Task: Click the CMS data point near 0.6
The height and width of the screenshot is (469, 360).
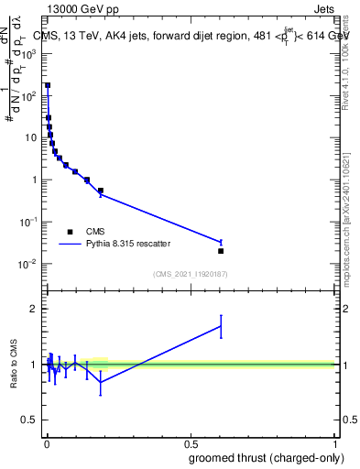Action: click(221, 251)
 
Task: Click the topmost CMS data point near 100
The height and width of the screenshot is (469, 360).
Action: click(48, 85)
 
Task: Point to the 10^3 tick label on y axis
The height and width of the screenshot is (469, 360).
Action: click(29, 53)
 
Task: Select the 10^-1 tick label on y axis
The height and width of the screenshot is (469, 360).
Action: click(29, 223)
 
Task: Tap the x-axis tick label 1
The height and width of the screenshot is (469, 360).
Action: click(334, 445)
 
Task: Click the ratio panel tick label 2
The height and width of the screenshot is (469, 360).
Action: click(33, 310)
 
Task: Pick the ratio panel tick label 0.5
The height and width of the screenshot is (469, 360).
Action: click(30, 420)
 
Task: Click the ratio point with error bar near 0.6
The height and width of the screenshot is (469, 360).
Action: click(221, 325)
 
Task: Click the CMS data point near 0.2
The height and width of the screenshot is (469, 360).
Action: click(100, 191)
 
